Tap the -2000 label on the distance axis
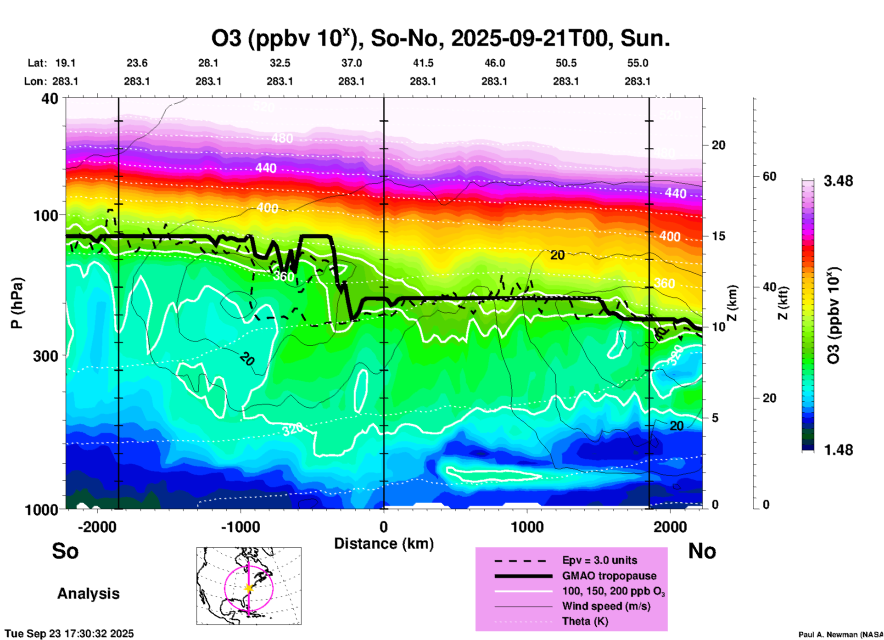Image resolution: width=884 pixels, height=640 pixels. [x=97, y=527]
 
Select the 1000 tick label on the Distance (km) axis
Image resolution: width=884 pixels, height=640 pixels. [x=527, y=527]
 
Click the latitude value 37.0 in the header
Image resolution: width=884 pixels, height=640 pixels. [x=351, y=63]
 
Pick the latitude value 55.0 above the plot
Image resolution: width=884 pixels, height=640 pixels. [x=638, y=63]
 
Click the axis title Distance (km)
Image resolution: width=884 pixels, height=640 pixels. [x=384, y=544]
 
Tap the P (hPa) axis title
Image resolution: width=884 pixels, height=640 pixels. [x=17, y=303]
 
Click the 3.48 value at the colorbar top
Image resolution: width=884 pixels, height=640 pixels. [x=838, y=181]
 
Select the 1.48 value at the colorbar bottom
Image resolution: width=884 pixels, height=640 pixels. [x=838, y=449]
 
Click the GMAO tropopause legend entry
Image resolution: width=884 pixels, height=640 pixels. [x=609, y=576]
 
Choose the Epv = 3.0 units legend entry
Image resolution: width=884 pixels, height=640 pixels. [x=599, y=560]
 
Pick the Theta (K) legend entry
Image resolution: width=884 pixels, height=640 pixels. [x=585, y=621]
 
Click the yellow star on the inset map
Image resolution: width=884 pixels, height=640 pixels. [x=249, y=588]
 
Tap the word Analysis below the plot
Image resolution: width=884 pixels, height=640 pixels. [x=88, y=594]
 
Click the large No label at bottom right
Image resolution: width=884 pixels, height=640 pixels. [x=702, y=551]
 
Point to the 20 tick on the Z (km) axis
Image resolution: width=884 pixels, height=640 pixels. [x=718, y=145]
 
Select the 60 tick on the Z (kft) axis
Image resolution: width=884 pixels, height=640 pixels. [x=769, y=176]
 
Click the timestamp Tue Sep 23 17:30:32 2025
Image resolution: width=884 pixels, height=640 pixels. [x=69, y=634]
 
